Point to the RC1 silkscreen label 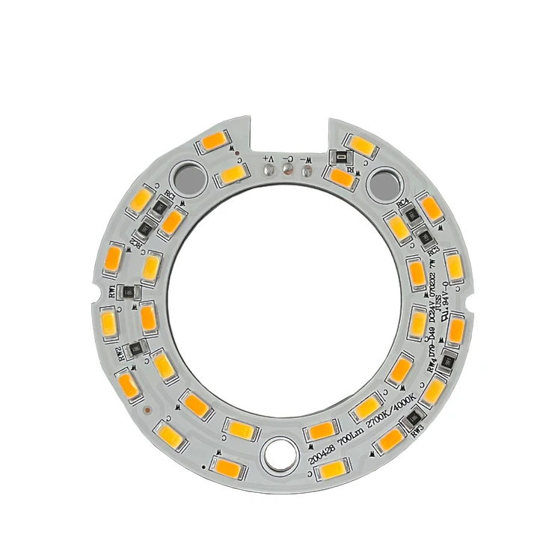[171, 197]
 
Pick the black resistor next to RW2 [136, 347]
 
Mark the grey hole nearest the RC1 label [187, 177]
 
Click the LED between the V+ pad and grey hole [231, 177]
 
